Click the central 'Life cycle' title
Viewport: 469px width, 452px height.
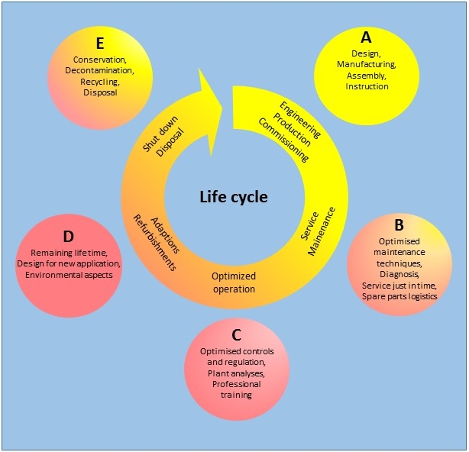tap(234, 196)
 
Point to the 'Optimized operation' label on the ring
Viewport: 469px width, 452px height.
tap(234, 282)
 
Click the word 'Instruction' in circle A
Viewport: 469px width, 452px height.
tap(367, 86)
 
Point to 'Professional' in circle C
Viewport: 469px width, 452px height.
tap(236, 385)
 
